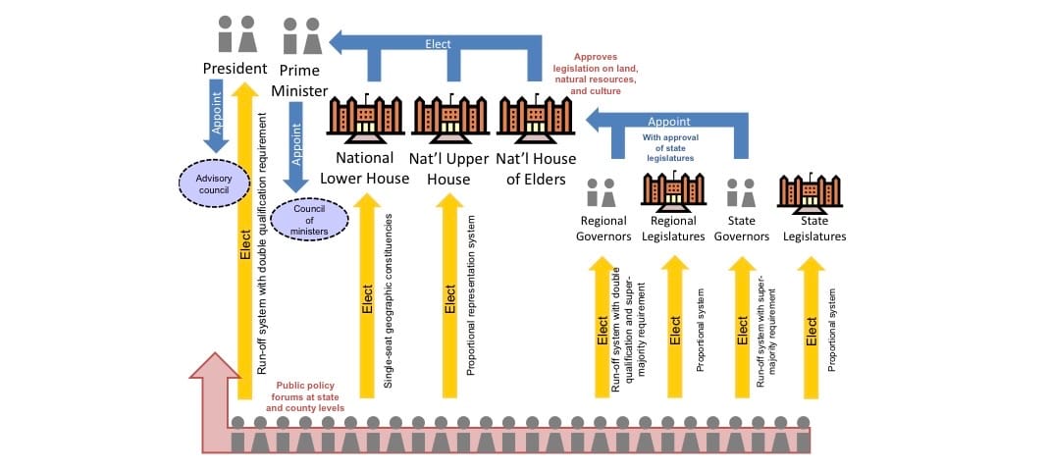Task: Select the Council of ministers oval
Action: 310,218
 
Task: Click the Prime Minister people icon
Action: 302,35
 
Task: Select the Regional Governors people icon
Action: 603,191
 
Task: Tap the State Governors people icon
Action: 742,191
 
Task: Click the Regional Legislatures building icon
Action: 672,189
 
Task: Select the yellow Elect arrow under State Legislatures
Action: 811,328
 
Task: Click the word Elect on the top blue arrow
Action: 438,43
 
